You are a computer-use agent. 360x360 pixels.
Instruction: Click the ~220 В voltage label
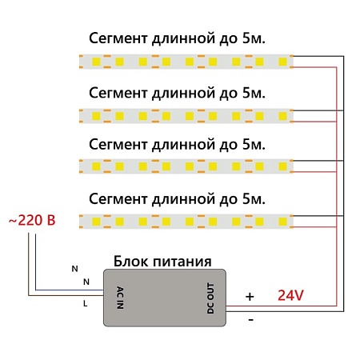(30, 218)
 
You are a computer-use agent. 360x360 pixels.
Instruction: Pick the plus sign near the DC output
(249, 296)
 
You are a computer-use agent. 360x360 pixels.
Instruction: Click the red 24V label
(290, 295)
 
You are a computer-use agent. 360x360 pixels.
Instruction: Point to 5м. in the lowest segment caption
(253, 197)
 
